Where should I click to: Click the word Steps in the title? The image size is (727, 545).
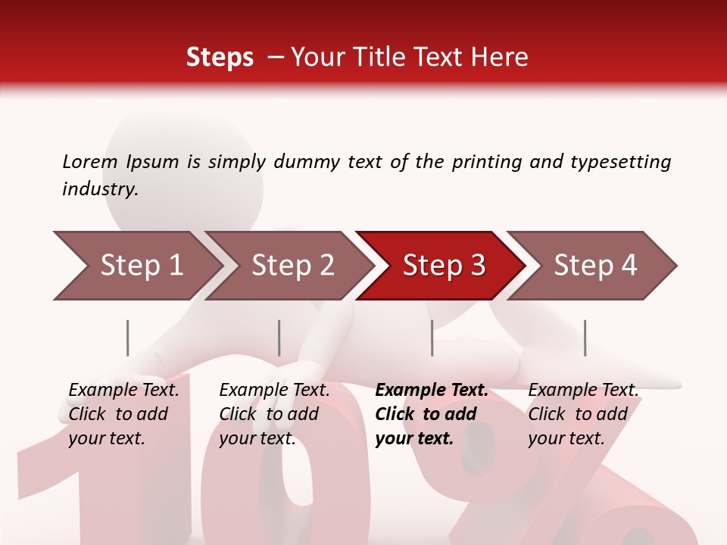pos(220,58)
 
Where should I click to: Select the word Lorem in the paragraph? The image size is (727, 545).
pos(89,161)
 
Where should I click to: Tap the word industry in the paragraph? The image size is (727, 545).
pos(99,189)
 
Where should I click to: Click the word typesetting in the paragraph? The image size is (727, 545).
pos(620,161)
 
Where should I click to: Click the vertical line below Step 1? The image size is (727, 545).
pos(128,338)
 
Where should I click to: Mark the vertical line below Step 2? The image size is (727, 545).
pos(279,338)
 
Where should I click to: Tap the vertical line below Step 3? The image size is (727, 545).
pos(432,338)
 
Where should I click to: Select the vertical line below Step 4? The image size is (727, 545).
pos(585,338)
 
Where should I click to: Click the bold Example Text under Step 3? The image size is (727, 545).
pos(430,414)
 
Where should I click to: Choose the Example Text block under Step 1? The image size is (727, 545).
pos(123,414)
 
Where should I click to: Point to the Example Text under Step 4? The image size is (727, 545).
pos(582,414)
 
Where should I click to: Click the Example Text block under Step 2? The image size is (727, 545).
pos(273,414)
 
